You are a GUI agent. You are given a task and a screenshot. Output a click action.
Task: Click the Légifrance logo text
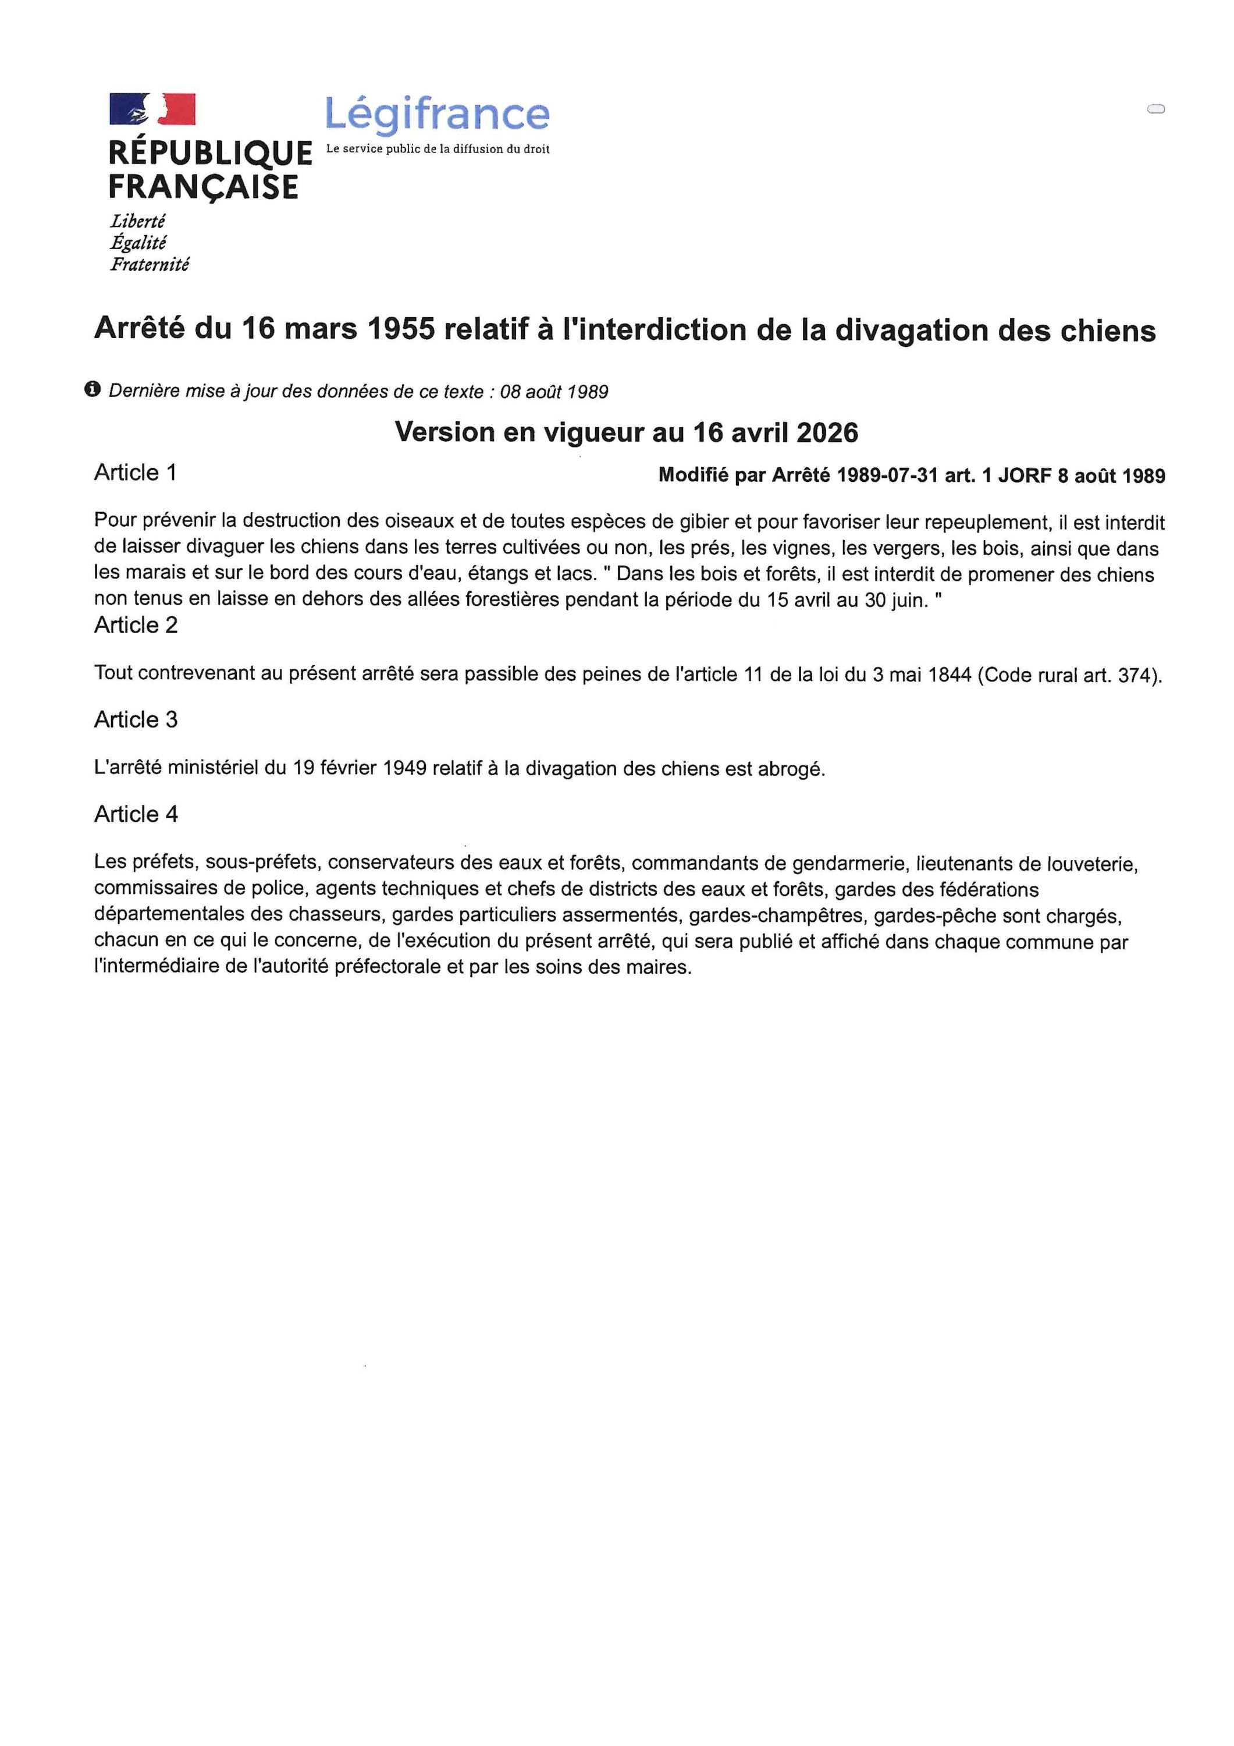(437, 114)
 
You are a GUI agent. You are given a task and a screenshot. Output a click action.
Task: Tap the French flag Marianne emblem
(152, 109)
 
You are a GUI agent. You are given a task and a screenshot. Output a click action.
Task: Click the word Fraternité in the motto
(149, 265)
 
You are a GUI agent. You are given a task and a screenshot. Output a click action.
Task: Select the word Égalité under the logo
(138, 243)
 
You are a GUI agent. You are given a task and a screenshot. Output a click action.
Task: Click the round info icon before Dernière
(93, 389)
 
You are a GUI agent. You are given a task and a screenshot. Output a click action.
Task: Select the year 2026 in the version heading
(827, 432)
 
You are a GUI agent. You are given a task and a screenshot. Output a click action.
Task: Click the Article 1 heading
(136, 473)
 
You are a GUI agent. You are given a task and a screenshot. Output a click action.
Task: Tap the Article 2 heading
(136, 625)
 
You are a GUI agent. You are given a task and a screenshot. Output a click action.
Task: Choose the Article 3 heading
(136, 719)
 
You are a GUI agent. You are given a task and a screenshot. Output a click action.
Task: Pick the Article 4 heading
(136, 814)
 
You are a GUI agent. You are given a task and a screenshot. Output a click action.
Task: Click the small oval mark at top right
(1155, 109)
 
